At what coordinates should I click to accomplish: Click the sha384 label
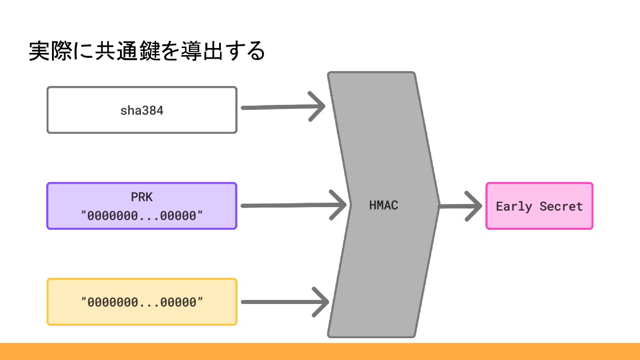142,111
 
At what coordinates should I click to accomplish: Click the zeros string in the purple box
142,216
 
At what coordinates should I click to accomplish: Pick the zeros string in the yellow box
142,302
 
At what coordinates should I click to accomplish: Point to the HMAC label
384,206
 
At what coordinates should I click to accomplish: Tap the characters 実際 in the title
50,52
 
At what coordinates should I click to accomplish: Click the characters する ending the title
244,52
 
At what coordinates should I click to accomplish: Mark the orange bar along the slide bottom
320,352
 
